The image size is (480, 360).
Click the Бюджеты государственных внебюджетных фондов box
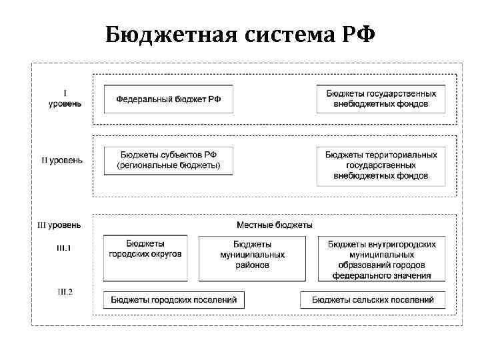coord(381,99)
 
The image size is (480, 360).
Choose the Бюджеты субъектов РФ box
coord(168,160)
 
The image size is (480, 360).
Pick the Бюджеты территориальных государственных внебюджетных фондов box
coord(381,165)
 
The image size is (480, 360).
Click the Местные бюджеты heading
coord(275,225)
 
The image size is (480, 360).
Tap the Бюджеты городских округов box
coord(145,258)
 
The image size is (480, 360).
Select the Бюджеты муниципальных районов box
coord(252,258)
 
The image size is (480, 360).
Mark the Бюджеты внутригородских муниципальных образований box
coord(381,258)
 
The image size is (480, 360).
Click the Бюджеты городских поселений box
coord(173,300)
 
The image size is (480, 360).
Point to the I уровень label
coord(65,99)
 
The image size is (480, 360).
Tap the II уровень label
coord(62,160)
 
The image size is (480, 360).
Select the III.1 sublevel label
coord(64,249)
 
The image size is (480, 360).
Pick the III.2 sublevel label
coord(64,291)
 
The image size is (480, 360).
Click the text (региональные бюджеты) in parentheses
coord(168,165)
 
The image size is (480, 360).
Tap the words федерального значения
coord(381,275)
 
